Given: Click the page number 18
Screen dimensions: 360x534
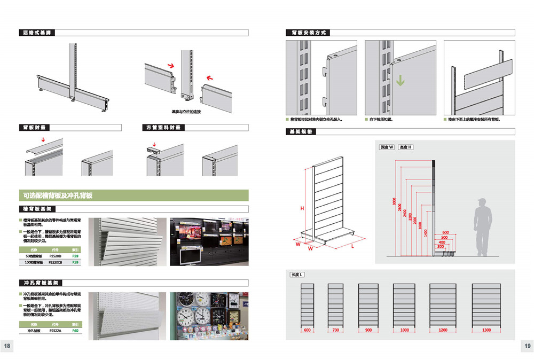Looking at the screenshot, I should coord(7,346).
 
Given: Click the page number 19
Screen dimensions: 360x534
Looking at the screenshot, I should coord(527,346).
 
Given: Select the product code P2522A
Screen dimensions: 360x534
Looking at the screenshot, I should coord(56,331).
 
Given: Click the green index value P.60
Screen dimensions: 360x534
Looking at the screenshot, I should coord(75,331).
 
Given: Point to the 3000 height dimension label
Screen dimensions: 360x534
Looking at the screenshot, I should coord(395,202).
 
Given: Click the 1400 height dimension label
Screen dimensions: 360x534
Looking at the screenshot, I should coord(426,233).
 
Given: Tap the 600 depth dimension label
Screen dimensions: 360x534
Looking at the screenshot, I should coord(445,232).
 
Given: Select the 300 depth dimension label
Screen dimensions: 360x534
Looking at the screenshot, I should coord(441,247).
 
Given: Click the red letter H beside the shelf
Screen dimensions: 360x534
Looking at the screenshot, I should coord(302,209).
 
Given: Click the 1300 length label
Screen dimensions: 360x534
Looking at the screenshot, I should coord(486,331).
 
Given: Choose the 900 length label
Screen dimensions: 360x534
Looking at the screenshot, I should coord(368,331).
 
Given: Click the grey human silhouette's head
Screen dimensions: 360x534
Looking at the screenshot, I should coord(482,203).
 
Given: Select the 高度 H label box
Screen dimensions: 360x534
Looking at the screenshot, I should coord(406,147).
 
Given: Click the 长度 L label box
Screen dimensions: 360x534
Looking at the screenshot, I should coord(297,275).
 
